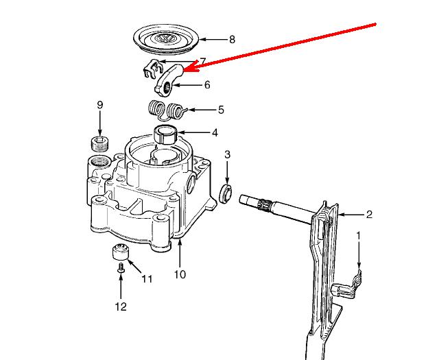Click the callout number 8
(x=232, y=40)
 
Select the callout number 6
(x=207, y=85)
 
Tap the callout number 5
(x=221, y=109)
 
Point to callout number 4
(x=214, y=132)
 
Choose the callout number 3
(x=228, y=155)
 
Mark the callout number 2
(x=369, y=215)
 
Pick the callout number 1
(x=357, y=235)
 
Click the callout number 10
(x=180, y=275)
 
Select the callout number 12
(x=121, y=307)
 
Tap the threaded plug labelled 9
(x=100, y=143)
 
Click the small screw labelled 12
(x=121, y=269)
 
